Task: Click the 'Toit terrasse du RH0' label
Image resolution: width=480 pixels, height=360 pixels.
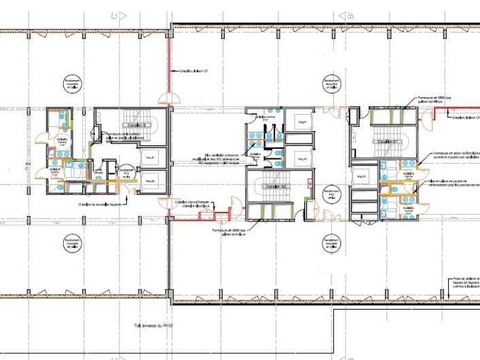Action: click(x=153, y=327)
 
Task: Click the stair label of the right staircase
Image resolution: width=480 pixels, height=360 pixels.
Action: click(x=383, y=137)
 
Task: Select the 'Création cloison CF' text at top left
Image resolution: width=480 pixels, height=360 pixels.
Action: click(x=193, y=70)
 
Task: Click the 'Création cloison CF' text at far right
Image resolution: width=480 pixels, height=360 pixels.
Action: click(x=464, y=117)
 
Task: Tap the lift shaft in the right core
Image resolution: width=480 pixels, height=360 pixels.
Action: click(x=361, y=177)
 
